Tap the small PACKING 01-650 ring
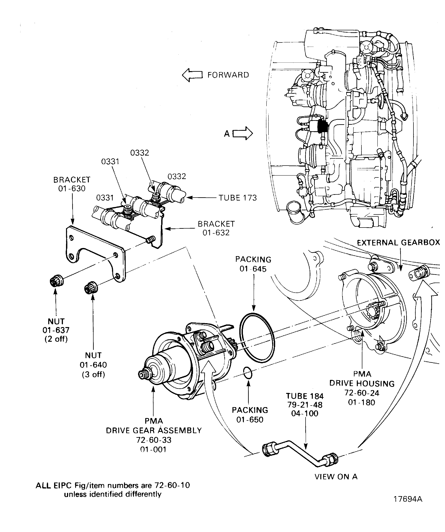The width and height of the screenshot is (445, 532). (x=247, y=373)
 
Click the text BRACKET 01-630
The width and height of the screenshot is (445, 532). (x=72, y=184)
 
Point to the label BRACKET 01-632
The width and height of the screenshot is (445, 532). (x=216, y=228)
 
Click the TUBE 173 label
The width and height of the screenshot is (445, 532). (x=237, y=198)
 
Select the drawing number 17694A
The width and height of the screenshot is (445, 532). (x=408, y=499)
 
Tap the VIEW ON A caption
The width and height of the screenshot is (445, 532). (x=336, y=477)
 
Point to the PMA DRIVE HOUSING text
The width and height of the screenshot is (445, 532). (x=362, y=379)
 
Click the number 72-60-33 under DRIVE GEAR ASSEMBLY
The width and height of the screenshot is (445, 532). (x=154, y=440)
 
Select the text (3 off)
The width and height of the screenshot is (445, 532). (x=93, y=375)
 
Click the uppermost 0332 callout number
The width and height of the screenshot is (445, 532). (x=140, y=153)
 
